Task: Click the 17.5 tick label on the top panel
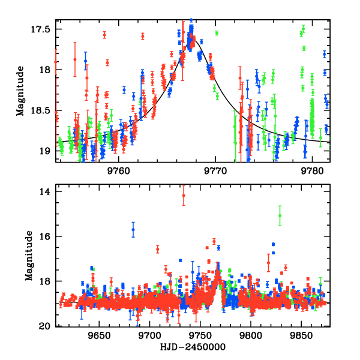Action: (44, 29)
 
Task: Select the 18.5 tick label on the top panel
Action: (44, 110)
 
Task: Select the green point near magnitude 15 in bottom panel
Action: (280, 215)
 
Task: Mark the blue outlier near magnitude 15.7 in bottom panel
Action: (133, 230)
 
